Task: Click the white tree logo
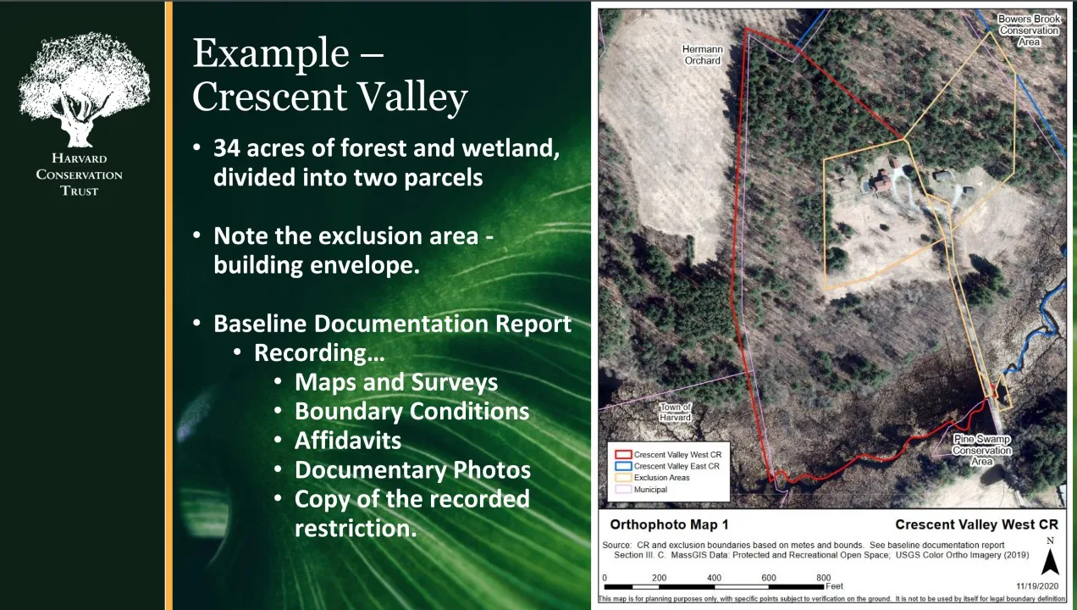(84, 89)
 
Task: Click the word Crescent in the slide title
(269, 97)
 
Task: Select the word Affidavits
(348, 441)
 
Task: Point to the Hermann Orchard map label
(702, 55)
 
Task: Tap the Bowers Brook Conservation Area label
(1029, 30)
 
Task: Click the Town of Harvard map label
(675, 412)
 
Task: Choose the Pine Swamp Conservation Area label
(982, 450)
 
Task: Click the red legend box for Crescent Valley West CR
(623, 455)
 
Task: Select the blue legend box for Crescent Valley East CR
(623, 466)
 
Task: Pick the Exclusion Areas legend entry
(653, 478)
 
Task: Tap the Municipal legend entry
(642, 489)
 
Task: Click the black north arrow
(1050, 562)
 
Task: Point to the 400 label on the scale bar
(714, 578)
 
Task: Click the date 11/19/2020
(1037, 586)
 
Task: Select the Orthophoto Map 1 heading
(669, 524)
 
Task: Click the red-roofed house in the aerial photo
(882, 182)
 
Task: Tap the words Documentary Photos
(412, 470)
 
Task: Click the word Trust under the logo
(80, 191)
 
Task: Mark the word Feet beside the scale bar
(834, 586)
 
